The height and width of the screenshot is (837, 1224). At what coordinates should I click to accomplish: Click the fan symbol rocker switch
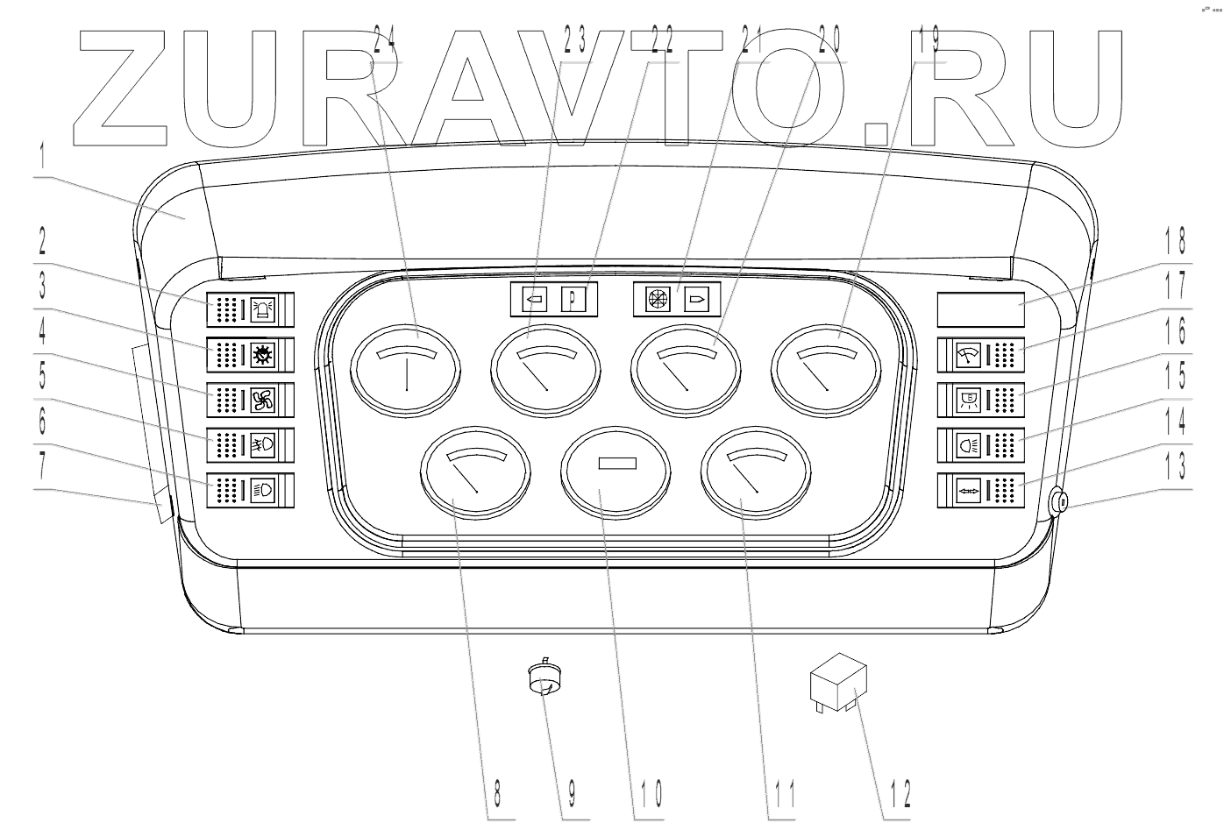click(251, 401)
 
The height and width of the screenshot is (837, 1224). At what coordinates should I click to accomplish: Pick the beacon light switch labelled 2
click(251, 309)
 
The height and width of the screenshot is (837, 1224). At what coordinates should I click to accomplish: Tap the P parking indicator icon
click(573, 299)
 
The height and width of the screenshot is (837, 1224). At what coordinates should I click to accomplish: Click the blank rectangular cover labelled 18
click(979, 309)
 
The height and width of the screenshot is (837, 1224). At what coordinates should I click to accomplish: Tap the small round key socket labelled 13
click(1058, 503)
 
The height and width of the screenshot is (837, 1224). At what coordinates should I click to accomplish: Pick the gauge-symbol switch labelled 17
click(979, 355)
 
